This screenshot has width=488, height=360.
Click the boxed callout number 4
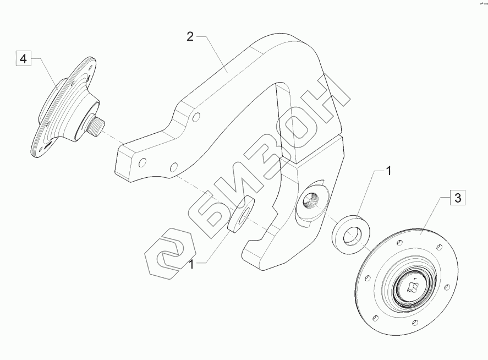23,58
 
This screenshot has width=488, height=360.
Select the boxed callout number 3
458,198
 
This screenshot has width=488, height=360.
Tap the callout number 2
190,37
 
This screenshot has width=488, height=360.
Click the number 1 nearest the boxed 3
388,171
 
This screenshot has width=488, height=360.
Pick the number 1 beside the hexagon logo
191,264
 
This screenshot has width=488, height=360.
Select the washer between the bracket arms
242,214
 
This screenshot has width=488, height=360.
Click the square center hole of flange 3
413,286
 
